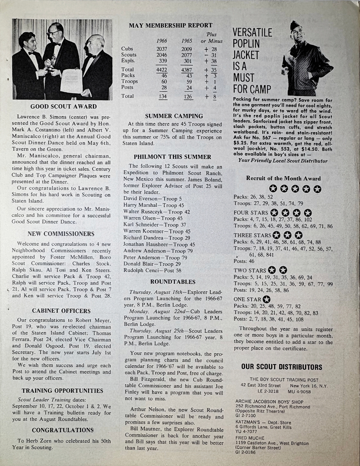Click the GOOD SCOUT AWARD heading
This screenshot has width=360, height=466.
[63, 107]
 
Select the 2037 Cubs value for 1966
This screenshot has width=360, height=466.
[162, 49]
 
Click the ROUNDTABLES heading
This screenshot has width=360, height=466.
[173, 282]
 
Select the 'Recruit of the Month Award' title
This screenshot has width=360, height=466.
[283, 178]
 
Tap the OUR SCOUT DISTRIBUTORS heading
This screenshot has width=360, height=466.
[282, 367]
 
